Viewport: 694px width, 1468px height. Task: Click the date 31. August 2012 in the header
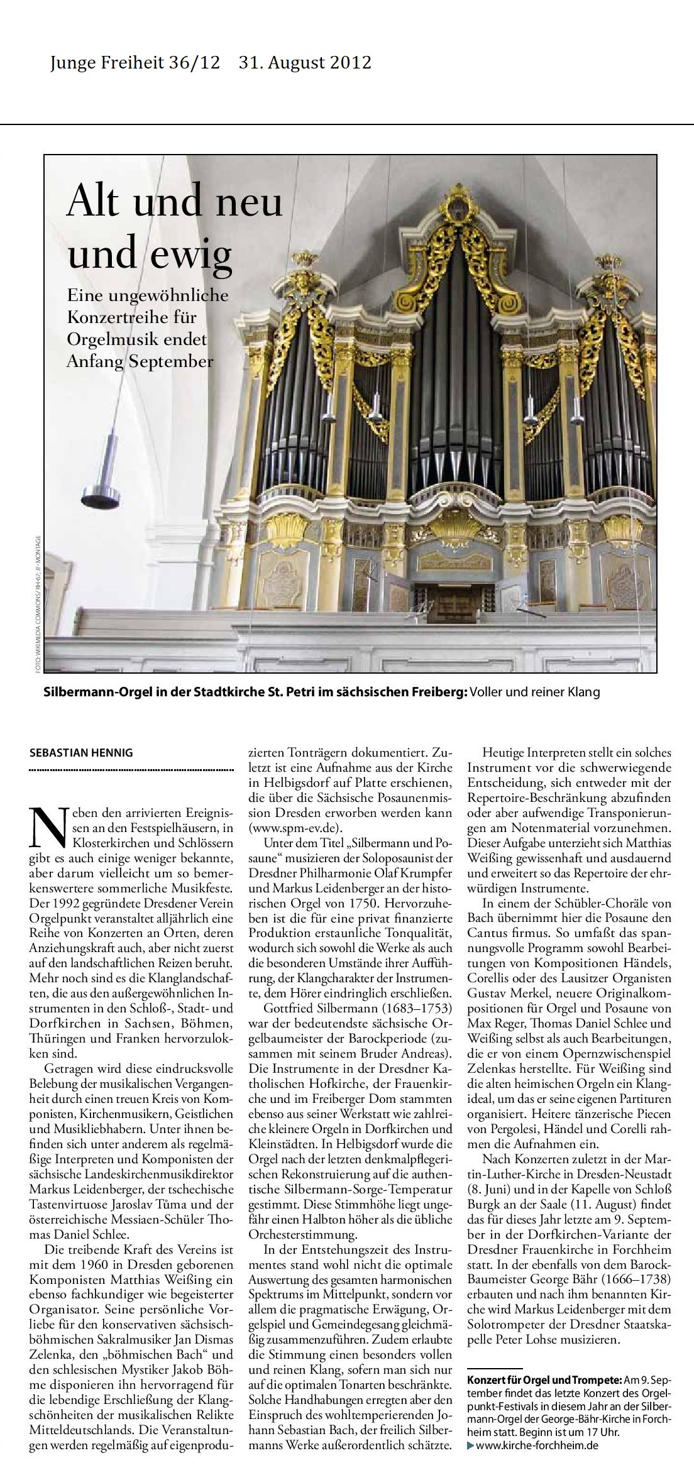click(305, 63)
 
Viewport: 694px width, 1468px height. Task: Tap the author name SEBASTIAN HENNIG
click(81, 752)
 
